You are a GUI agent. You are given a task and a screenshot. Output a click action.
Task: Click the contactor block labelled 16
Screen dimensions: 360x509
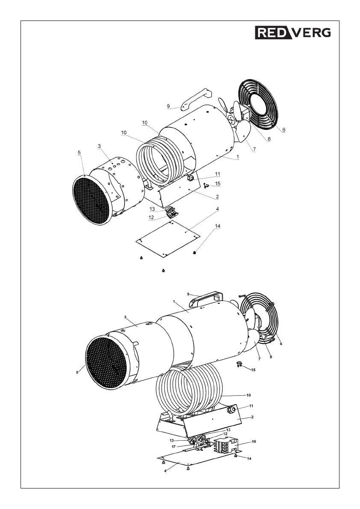pos(227,446)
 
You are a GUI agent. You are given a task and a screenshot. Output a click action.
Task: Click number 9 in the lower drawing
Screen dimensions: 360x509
pos(188,294)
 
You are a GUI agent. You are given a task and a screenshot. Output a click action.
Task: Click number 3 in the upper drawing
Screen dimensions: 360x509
pos(99,146)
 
